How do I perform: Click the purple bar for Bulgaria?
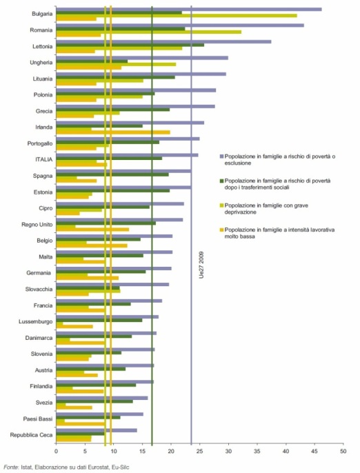click(x=189, y=10)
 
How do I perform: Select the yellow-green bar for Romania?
click(x=149, y=32)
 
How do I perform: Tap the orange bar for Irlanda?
click(x=113, y=132)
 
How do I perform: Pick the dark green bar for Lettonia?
click(x=130, y=45)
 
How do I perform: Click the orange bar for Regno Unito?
click(x=92, y=230)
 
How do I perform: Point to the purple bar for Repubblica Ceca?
click(x=97, y=430)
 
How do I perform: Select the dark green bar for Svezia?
click(x=94, y=401)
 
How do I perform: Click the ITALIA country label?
click(x=43, y=159)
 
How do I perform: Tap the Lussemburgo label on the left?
click(x=36, y=321)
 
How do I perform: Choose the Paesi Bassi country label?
click(x=38, y=419)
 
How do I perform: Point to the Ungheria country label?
click(x=41, y=63)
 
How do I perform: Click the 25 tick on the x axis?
click(x=200, y=452)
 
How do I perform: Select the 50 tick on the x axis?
click(x=343, y=452)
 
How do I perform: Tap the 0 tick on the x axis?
click(x=56, y=452)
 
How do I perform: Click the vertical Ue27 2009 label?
click(x=201, y=265)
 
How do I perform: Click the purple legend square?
click(x=221, y=157)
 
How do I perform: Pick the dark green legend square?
click(x=221, y=181)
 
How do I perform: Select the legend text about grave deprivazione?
click(x=266, y=209)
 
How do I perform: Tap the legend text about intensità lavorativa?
click(x=279, y=233)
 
